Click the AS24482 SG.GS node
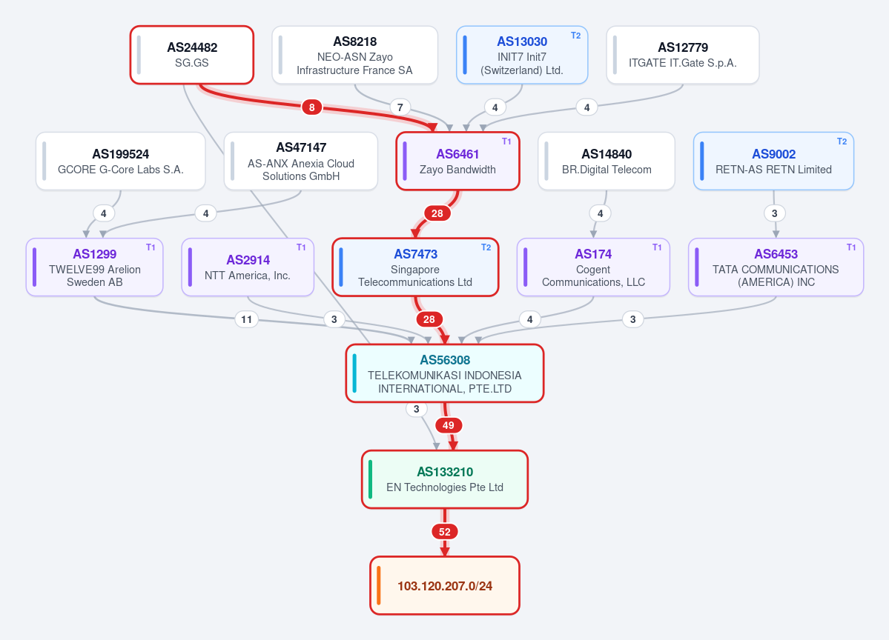(191, 55)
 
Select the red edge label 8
(312, 107)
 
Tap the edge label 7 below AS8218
(400, 107)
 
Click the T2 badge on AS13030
(575, 36)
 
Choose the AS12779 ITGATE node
(683, 55)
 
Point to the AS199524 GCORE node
(120, 161)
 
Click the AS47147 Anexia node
(300, 161)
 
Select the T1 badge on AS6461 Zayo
(506, 141)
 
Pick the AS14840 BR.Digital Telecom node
(606, 161)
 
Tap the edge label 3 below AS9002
(775, 213)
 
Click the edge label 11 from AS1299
(246, 319)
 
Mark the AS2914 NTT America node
(248, 267)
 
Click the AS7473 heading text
(416, 254)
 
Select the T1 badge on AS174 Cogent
(656, 247)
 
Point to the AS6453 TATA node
(776, 267)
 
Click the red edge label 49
(449, 425)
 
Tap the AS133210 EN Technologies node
(445, 479)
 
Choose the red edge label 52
(445, 532)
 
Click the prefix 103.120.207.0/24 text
(445, 586)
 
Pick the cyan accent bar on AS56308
(355, 373)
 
